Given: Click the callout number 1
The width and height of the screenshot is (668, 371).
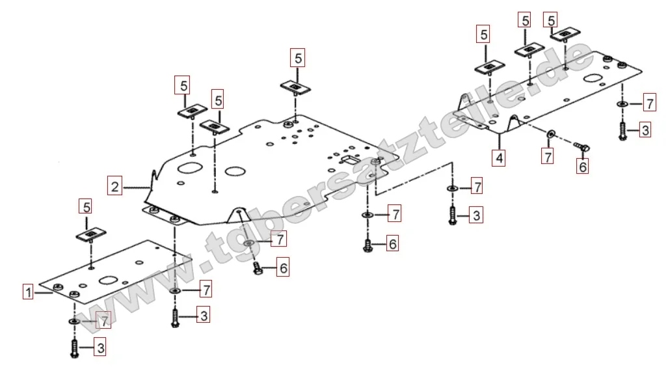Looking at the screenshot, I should [x=28, y=292].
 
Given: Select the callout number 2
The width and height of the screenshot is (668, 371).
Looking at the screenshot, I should [x=114, y=187].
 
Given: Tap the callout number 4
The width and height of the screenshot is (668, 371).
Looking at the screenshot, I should [x=498, y=158].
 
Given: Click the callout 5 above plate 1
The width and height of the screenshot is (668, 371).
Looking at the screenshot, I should [x=86, y=207].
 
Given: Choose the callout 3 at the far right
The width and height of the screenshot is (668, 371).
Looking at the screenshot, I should [x=644, y=130].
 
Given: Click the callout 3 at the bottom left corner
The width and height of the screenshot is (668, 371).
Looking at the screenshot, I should [x=100, y=348].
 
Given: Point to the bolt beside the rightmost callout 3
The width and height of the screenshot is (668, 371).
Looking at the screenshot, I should [x=622, y=131].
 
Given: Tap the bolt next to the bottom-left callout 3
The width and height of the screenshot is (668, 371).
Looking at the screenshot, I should [x=75, y=348].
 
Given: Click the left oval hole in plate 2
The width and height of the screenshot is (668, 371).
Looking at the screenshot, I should [x=189, y=167].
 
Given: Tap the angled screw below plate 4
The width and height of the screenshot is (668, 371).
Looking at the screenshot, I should [x=581, y=148].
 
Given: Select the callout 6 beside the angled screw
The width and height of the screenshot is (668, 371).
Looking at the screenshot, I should [x=583, y=167].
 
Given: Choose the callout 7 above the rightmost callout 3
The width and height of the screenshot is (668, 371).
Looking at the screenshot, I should [x=648, y=102].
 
